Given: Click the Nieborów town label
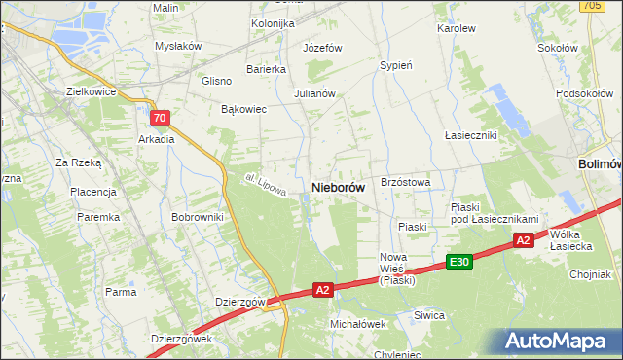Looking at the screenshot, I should tap(338, 186).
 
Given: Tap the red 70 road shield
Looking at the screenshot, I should tap(161, 118).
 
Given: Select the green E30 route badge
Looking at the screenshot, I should tap(460, 263).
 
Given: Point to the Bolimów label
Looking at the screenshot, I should tap(600, 164).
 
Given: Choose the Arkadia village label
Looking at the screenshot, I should tap(157, 139).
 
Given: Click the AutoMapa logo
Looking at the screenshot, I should tap(559, 342).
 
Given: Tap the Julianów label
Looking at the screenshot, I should tap(314, 94).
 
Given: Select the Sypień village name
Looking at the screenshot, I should tap(396, 66).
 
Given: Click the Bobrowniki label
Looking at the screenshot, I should tap(198, 217).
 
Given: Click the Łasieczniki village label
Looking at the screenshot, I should tap(471, 134).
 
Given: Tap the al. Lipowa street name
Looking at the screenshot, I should tap(265, 185).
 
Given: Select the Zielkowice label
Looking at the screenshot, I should tap(92, 91).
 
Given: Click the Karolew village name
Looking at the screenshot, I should tap(457, 29).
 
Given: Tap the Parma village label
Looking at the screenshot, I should tap(121, 292).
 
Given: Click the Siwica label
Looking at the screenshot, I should tap(428, 315).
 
